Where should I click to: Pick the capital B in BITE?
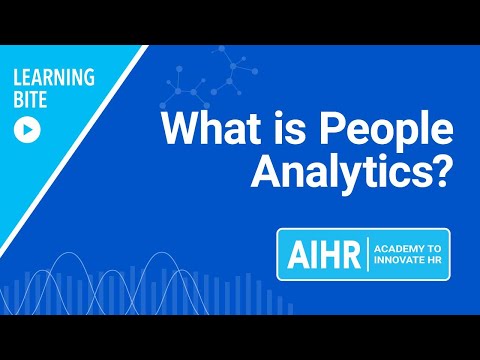click(19, 101)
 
